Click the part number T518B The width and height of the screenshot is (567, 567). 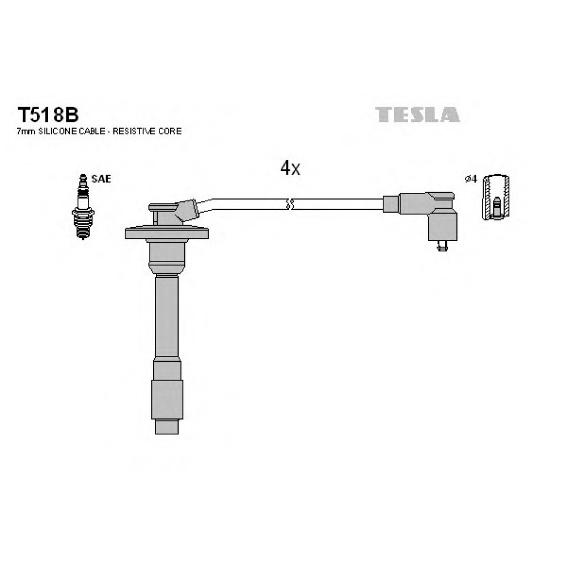48,115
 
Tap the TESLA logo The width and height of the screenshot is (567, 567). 418,115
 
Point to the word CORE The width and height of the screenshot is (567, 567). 170,132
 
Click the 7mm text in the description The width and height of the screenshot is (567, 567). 26,132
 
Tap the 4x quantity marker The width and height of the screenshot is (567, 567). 290,168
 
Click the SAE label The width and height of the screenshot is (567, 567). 101,179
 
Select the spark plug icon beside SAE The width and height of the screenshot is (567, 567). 83,206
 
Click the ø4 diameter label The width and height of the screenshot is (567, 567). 471,179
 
